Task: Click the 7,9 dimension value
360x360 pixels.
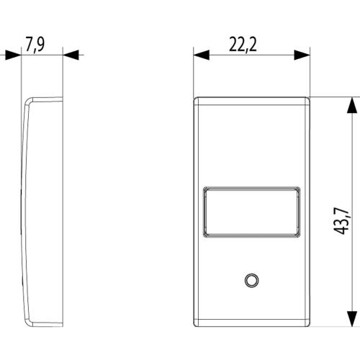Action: click(35, 45)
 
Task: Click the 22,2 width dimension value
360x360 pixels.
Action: click(243, 45)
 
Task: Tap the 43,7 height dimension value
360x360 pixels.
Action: click(341, 221)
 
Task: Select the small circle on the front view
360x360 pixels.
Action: click(251, 280)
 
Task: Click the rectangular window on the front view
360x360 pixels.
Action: click(252, 212)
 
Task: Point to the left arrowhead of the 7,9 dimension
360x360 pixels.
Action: click(13, 55)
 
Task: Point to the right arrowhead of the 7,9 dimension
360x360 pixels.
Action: click(71, 55)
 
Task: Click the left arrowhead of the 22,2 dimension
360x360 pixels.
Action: click(202, 55)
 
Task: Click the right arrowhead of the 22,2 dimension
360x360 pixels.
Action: click(302, 55)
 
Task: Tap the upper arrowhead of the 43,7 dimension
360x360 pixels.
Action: click(352, 105)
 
